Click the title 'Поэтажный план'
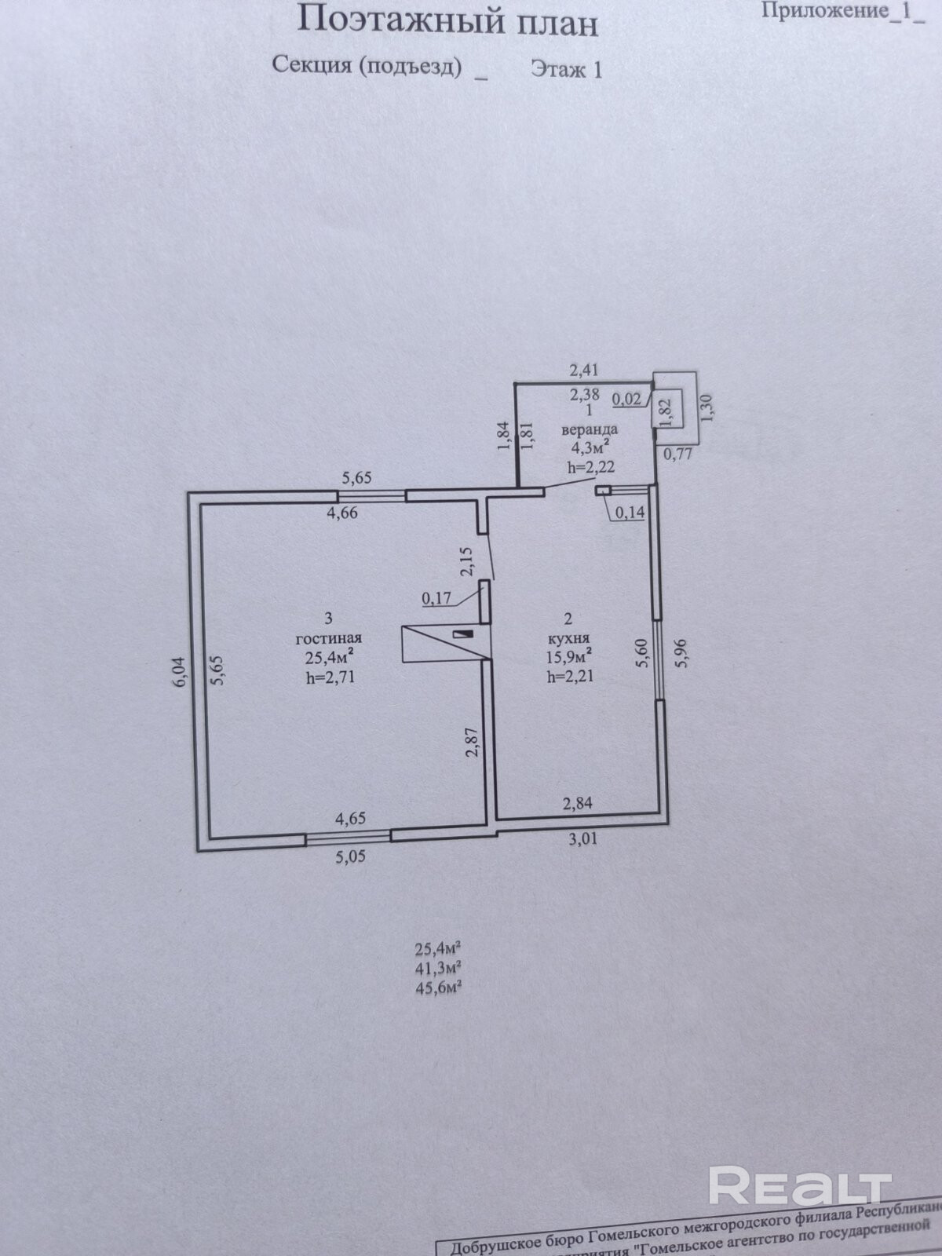(447, 21)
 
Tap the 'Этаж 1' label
(566, 70)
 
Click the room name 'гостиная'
(329, 638)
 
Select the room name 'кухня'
(569, 638)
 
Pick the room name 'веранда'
(589, 429)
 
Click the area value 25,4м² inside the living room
(328, 657)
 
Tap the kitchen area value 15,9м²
(570, 656)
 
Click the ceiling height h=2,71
(330, 675)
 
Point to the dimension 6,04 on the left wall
(180, 672)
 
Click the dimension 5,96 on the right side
(681, 653)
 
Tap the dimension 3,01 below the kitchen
(582, 839)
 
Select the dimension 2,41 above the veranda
(584, 367)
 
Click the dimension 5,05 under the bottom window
(350, 857)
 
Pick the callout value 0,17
(437, 598)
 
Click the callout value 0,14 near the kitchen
(630, 513)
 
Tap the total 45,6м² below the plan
(437, 988)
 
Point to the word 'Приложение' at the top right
(823, 10)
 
